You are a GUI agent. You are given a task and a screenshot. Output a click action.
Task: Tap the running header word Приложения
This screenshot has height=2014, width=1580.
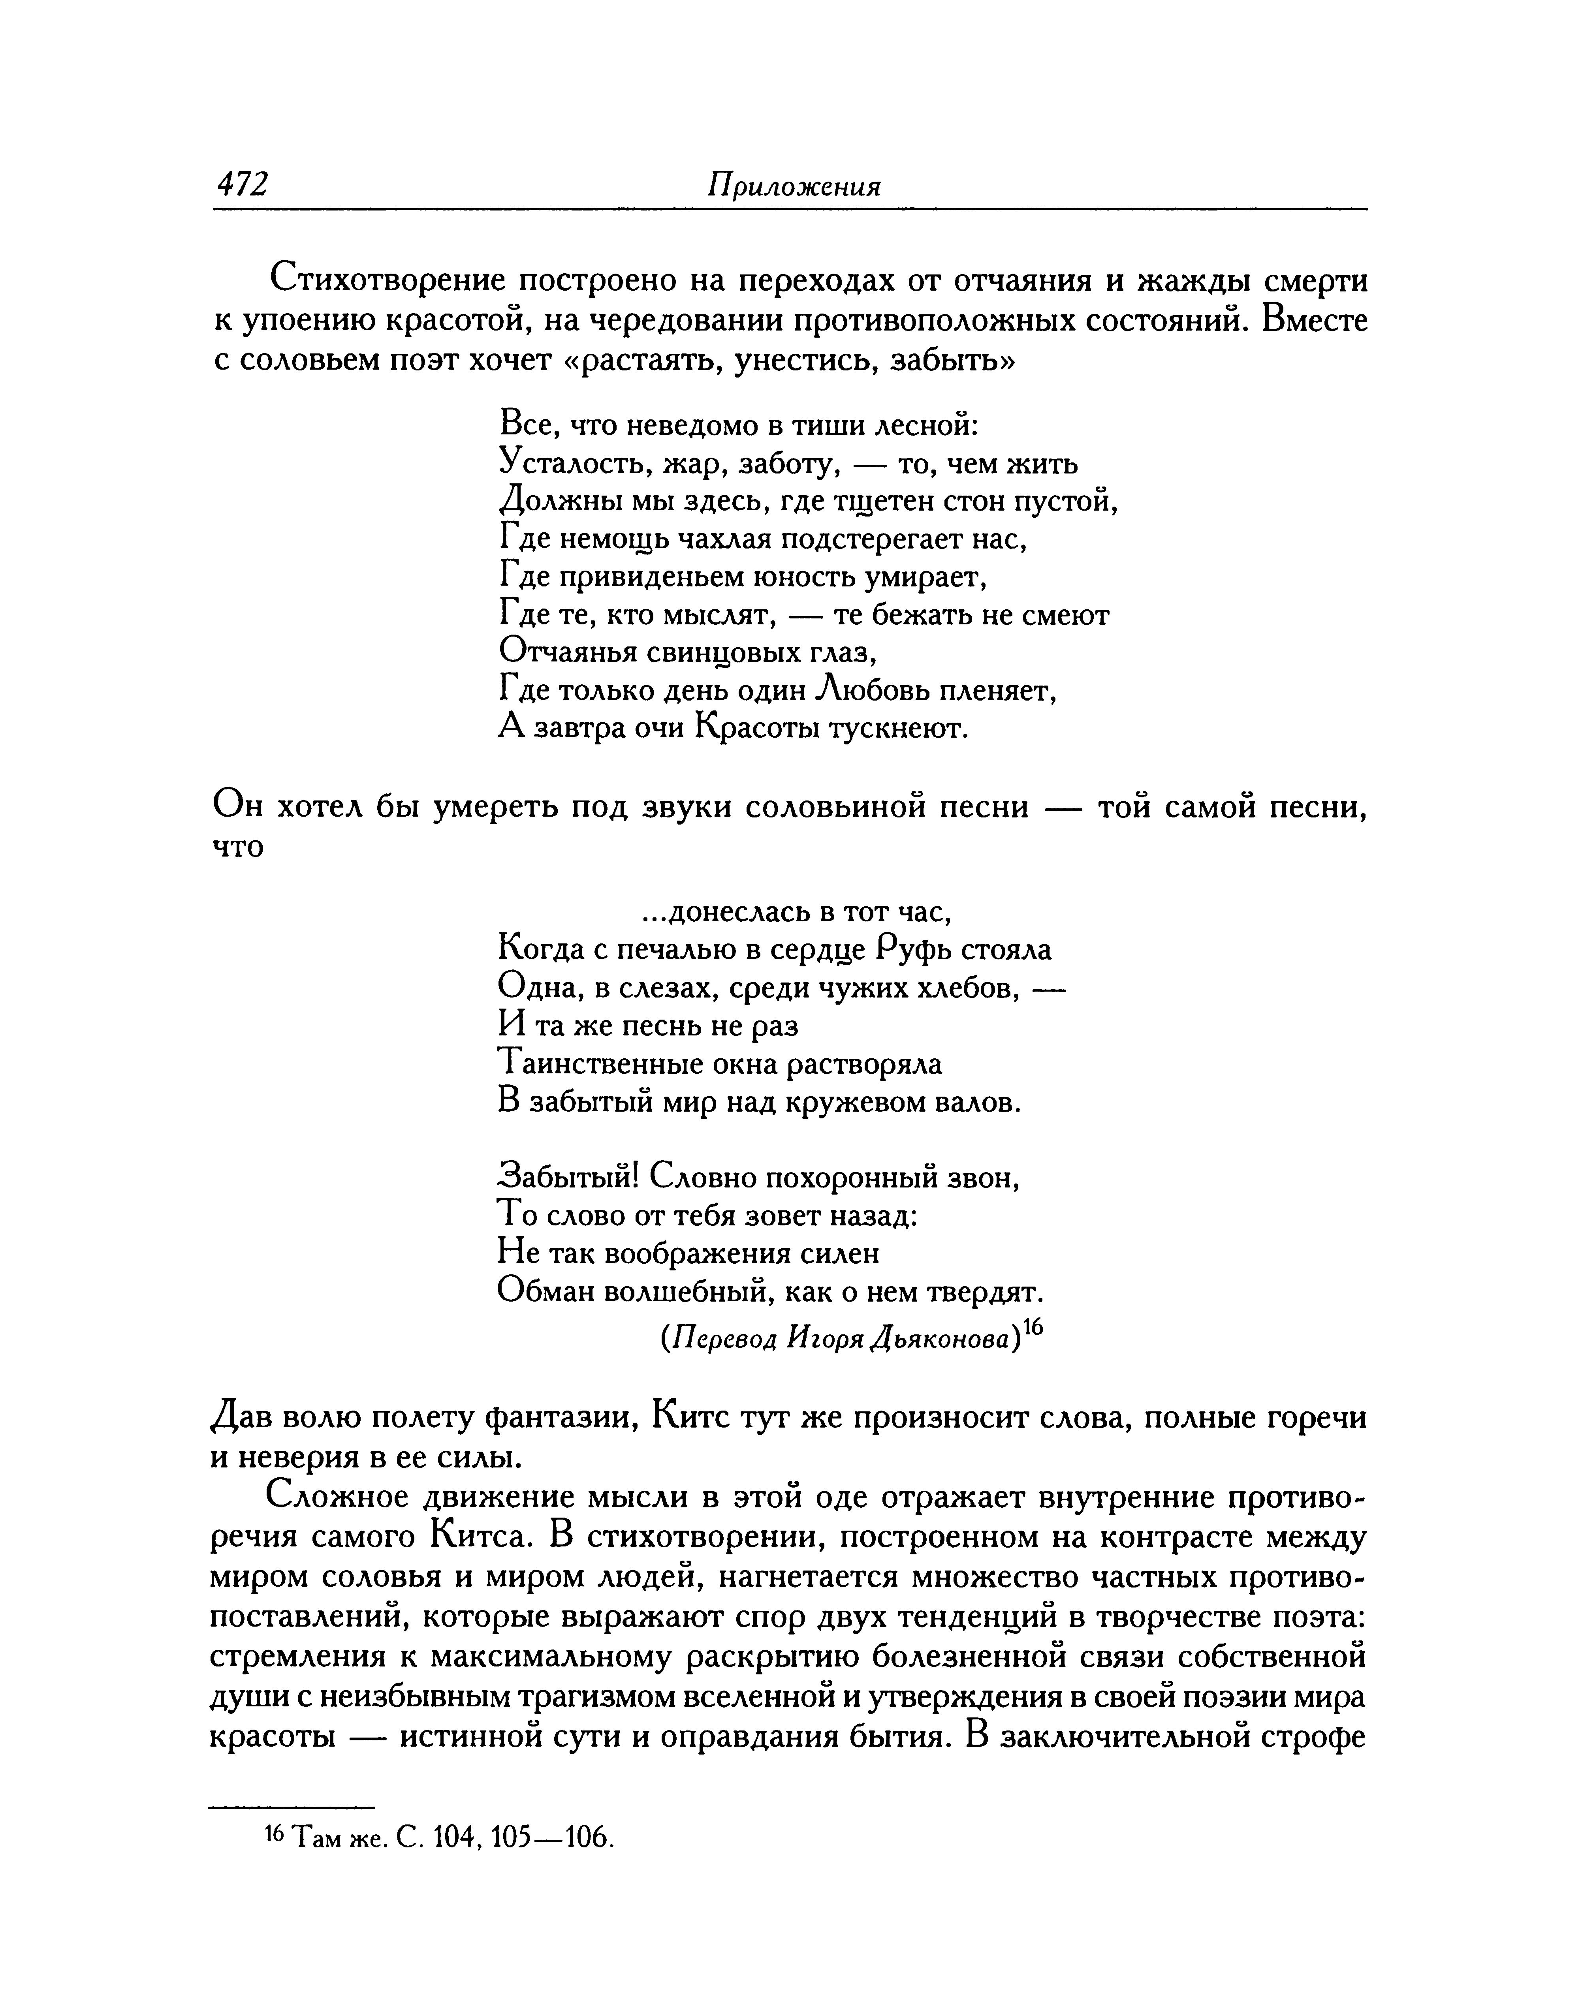pos(794,188)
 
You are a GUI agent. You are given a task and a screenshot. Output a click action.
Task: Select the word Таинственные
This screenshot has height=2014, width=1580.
pos(600,1064)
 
